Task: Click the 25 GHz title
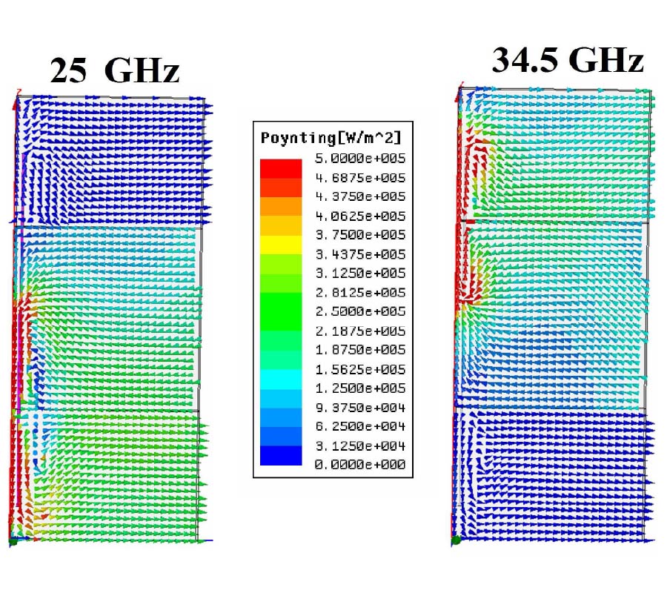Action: coord(115,71)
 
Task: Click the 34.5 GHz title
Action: coord(568,61)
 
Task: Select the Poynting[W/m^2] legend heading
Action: coord(330,139)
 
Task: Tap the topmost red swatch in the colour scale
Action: coord(281,168)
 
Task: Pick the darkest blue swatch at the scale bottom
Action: coord(281,456)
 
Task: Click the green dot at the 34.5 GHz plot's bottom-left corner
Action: coord(455,541)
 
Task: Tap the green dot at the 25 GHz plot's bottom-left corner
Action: coord(13,543)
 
